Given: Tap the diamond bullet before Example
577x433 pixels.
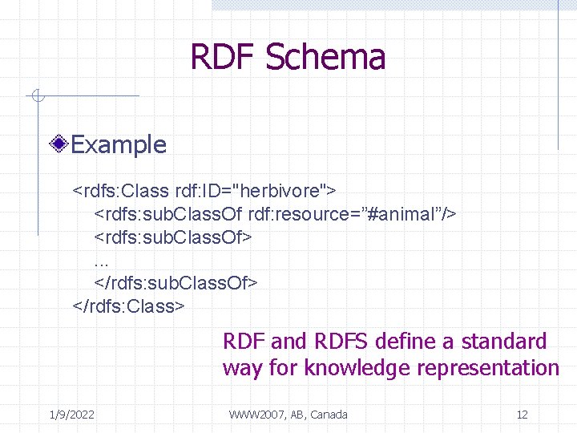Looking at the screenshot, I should pyautogui.click(x=59, y=145).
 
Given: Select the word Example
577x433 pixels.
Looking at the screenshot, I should pyautogui.click(x=119, y=145).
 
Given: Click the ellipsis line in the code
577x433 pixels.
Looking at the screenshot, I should pyautogui.click(x=101, y=261).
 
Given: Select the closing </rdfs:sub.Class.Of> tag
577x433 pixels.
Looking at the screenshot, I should pyautogui.click(x=176, y=283).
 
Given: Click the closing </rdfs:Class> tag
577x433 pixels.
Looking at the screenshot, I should pyautogui.click(x=129, y=306).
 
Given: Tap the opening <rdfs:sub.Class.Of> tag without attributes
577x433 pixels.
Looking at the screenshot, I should pyautogui.click(x=173, y=237).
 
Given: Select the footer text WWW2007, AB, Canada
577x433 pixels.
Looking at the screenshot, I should pyautogui.click(x=288, y=415).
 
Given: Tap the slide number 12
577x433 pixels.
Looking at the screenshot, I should pyautogui.click(x=522, y=415).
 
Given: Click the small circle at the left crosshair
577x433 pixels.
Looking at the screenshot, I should pyautogui.click(x=36, y=97).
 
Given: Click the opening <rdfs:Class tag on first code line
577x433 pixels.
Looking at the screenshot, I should pyautogui.click(x=120, y=192).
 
